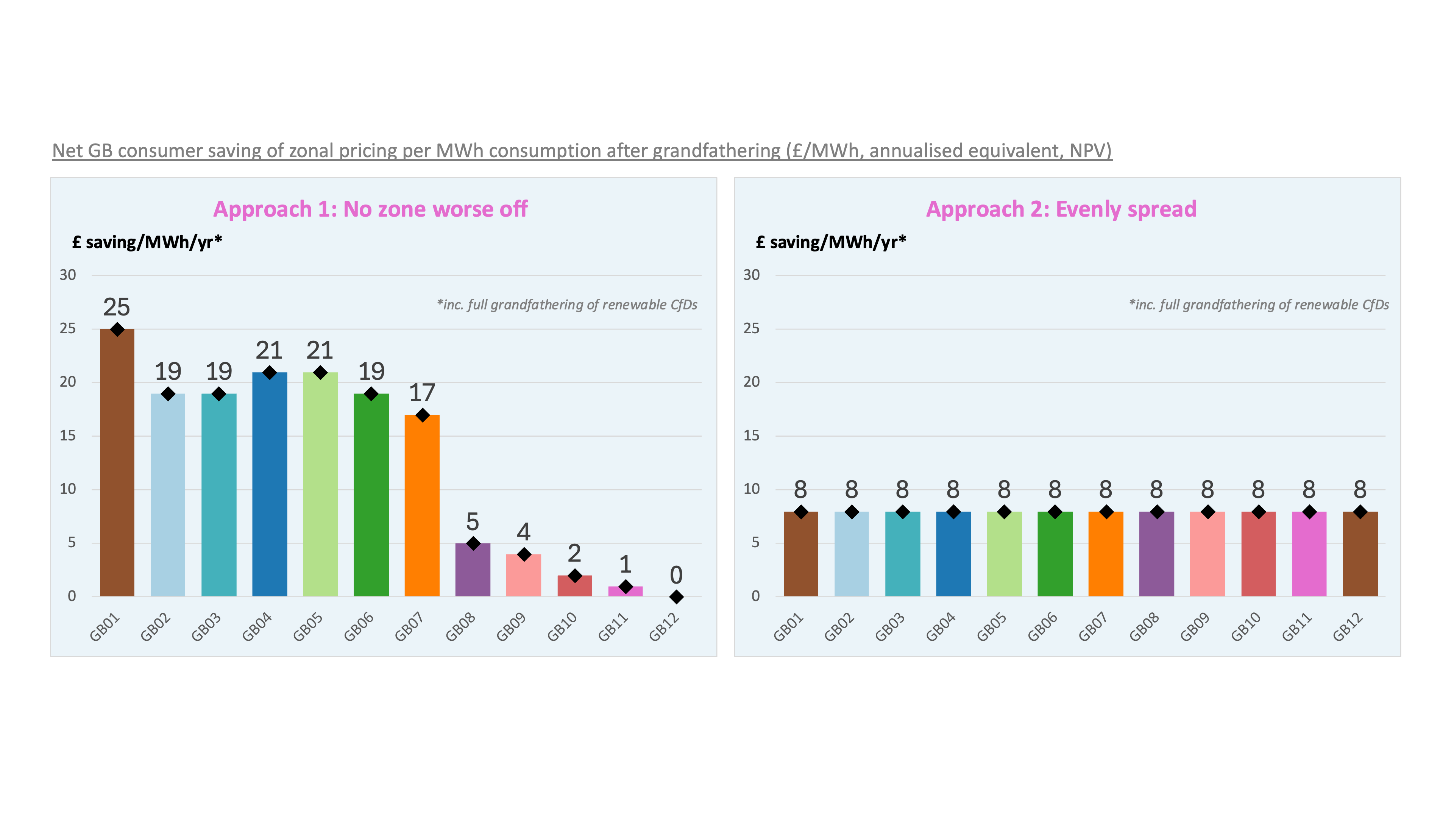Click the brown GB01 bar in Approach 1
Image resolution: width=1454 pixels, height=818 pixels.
117,463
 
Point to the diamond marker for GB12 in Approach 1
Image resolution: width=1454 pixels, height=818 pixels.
676,597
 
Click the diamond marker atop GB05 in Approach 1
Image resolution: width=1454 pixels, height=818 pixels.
320,373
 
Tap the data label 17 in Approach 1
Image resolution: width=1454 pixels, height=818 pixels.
422,392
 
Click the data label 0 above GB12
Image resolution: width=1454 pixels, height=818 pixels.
676,575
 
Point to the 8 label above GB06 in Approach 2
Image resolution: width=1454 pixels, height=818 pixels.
1055,489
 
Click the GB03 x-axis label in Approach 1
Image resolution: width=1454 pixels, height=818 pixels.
206,627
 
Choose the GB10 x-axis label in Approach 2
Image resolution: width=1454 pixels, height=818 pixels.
1246,627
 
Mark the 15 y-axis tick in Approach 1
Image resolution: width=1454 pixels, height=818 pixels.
68,435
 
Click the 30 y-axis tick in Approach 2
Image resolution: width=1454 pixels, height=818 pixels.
751,275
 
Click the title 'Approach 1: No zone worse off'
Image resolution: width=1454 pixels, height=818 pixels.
370,209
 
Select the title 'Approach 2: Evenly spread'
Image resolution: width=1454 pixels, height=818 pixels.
1061,209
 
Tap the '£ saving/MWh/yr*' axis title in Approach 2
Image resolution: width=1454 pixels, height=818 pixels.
831,242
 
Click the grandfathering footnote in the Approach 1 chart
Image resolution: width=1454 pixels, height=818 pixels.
567,305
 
